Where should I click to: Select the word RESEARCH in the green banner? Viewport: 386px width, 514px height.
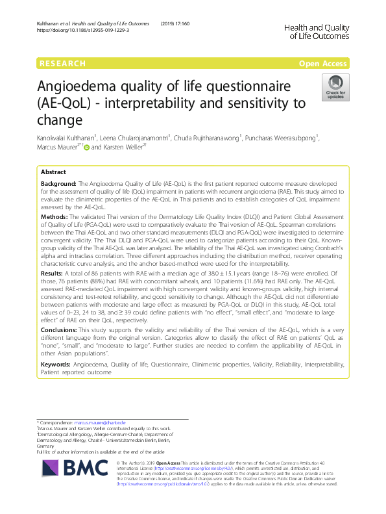click(x=63, y=64)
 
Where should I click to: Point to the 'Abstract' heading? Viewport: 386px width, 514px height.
click(x=53, y=173)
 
